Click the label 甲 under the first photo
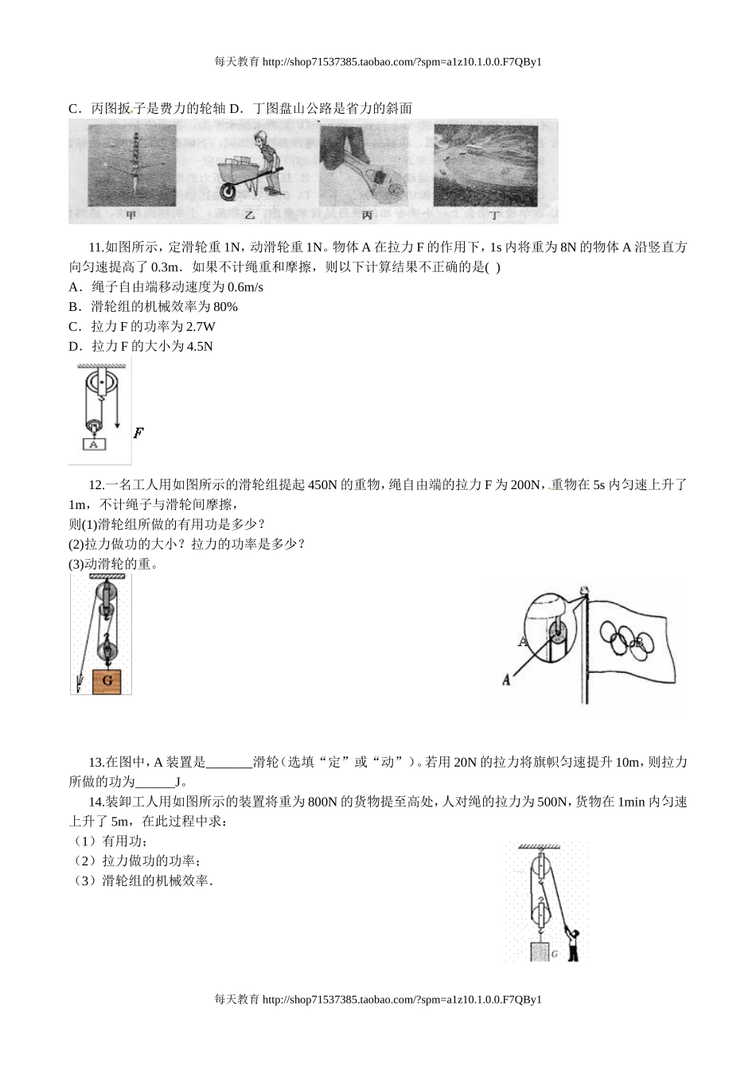(131, 214)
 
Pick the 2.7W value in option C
(200, 327)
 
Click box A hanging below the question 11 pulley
(93, 445)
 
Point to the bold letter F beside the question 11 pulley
(138, 433)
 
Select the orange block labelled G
(107, 681)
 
